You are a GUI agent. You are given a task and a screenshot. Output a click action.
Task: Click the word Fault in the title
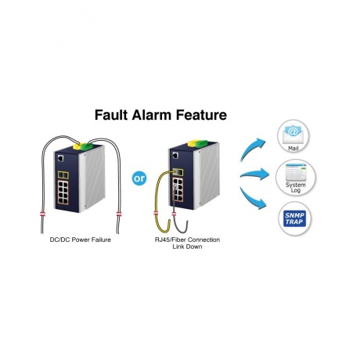pyautogui.click(x=111, y=115)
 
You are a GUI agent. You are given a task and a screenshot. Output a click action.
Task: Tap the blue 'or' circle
pyautogui.click(x=139, y=178)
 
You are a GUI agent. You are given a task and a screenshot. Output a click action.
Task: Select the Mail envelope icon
pyautogui.click(x=293, y=134)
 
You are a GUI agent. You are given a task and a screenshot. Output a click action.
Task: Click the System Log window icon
pyautogui.click(x=296, y=172)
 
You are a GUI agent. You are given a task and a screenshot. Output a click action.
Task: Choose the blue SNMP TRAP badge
pyautogui.click(x=294, y=218)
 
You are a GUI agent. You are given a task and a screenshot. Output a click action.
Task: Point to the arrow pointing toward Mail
pyautogui.click(x=253, y=149)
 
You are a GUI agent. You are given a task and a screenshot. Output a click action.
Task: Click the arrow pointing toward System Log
pyautogui.click(x=254, y=175)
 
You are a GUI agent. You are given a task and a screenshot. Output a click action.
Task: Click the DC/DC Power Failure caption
pyautogui.click(x=81, y=239)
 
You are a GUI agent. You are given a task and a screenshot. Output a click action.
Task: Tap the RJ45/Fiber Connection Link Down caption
pyautogui.click(x=187, y=243)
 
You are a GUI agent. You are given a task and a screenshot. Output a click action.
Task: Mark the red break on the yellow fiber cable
pyautogui.click(x=156, y=213)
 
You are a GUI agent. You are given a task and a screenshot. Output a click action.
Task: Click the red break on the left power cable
pyautogui.click(x=43, y=214)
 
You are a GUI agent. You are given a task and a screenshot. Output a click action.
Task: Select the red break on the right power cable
pyautogui.click(x=119, y=214)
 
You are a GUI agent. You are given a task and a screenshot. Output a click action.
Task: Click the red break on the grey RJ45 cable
pyautogui.click(x=174, y=214)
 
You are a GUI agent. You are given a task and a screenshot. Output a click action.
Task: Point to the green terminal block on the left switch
pyautogui.click(x=87, y=146)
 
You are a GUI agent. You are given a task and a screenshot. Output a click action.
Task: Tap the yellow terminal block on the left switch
pyautogui.click(x=77, y=146)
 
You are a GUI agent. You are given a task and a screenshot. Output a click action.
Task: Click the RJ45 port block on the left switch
pyautogui.click(x=63, y=193)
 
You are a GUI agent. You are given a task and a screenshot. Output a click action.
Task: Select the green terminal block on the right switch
pyautogui.click(x=202, y=143)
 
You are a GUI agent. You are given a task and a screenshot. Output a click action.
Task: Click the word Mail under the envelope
pyautogui.click(x=293, y=149)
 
